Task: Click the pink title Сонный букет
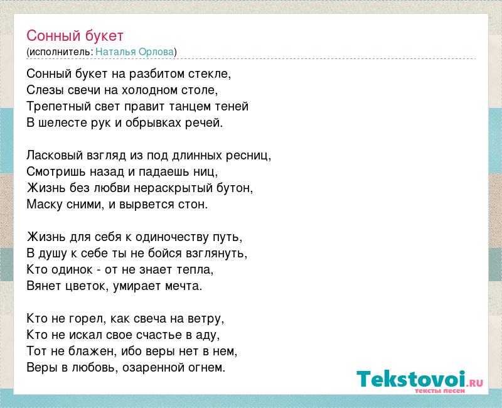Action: [75, 36]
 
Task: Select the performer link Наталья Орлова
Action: [135, 51]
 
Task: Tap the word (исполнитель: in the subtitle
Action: [60, 52]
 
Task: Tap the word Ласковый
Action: [55, 155]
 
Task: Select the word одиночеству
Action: [173, 237]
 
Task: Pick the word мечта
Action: [183, 286]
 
